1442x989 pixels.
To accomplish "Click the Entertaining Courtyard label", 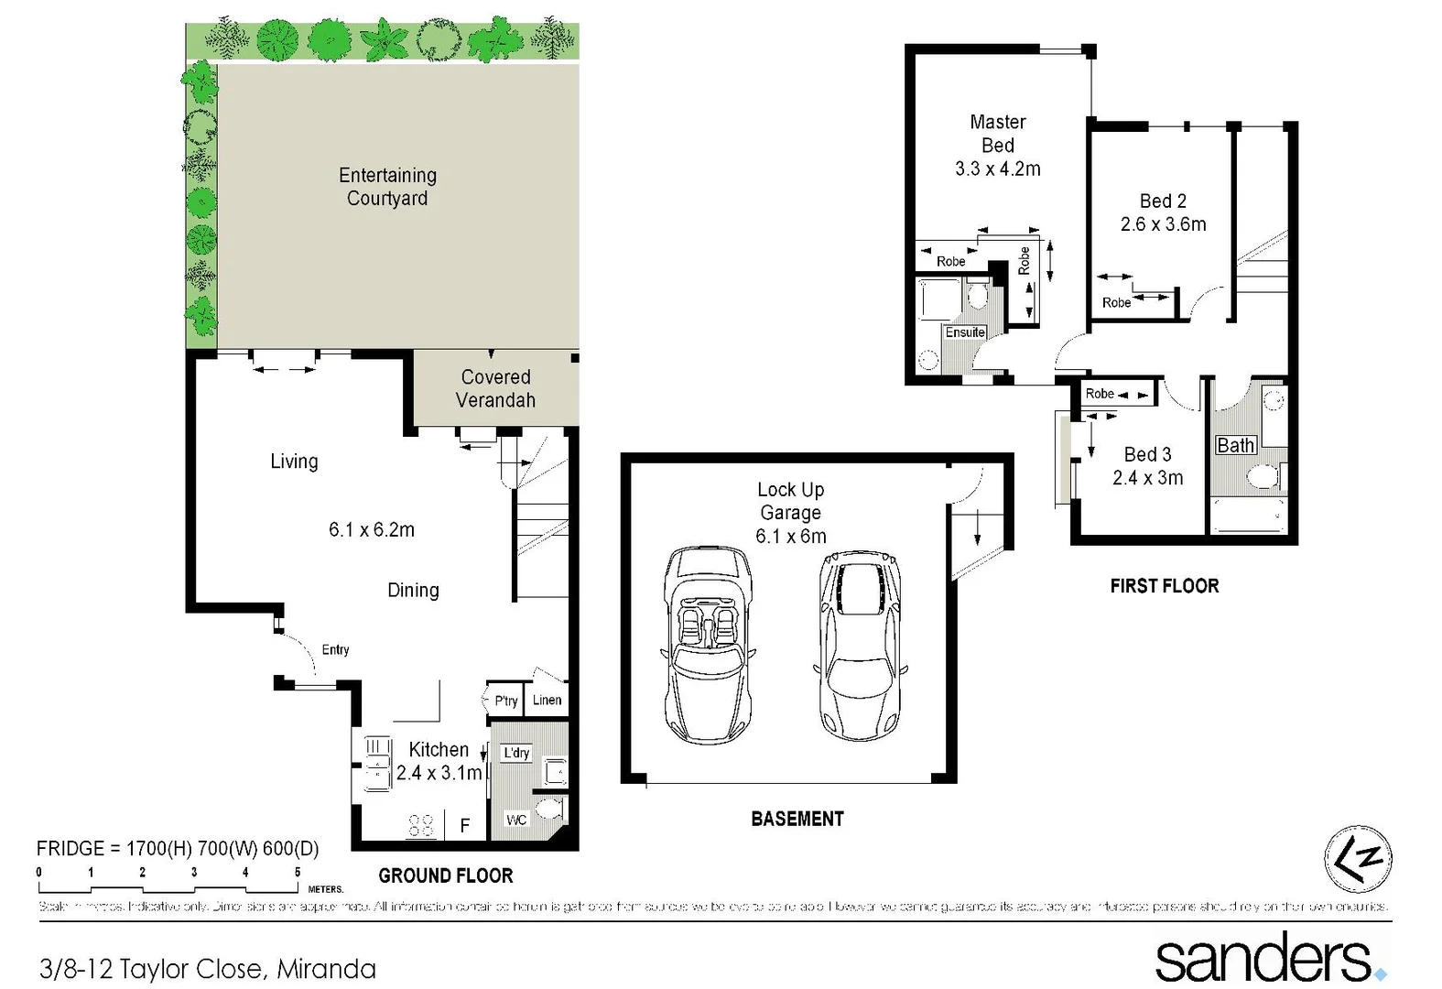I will (x=387, y=187).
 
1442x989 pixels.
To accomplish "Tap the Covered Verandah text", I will (x=495, y=388).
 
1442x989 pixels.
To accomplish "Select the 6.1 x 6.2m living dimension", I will (x=371, y=529).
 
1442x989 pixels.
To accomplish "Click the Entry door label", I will (x=335, y=649).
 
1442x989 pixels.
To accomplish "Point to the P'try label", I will (x=505, y=701).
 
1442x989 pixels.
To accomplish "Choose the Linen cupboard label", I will (x=547, y=700).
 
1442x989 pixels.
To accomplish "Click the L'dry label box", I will (x=516, y=753).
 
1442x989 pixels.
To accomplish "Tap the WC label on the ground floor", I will (x=516, y=820).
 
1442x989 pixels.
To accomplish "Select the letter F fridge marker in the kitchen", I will (x=465, y=826).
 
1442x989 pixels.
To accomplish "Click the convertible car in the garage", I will (x=708, y=644).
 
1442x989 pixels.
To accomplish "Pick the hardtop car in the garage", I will (x=860, y=647).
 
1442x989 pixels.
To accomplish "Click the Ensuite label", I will (x=965, y=332).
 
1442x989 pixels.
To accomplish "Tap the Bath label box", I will (x=1235, y=445).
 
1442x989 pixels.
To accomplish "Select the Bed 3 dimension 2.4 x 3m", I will (x=1147, y=478).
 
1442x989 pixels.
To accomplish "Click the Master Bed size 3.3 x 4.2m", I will (x=997, y=168).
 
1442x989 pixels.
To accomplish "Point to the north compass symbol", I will (x=1358, y=859).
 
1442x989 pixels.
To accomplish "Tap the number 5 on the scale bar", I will (x=298, y=873).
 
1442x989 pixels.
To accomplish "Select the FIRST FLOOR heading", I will (x=1164, y=586).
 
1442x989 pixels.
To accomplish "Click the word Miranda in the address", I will (x=326, y=969).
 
